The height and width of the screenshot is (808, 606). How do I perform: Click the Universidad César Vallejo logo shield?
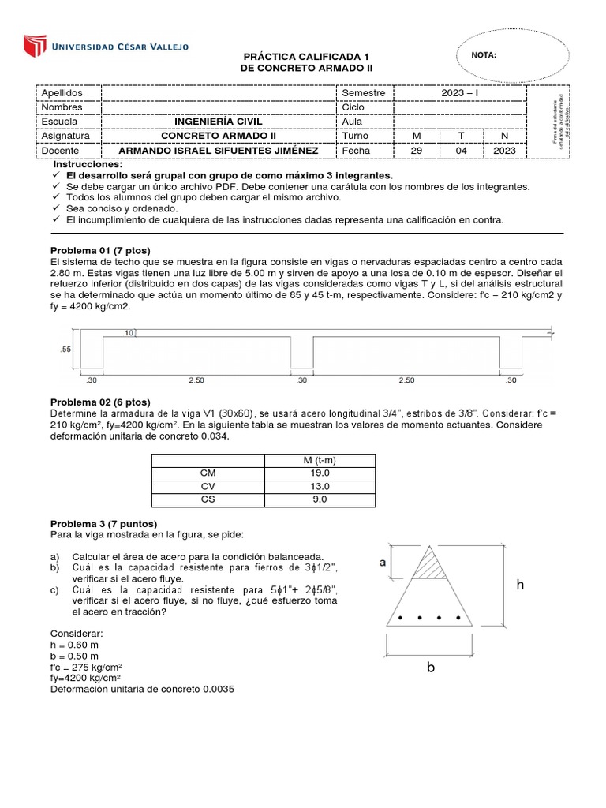[x=36, y=45]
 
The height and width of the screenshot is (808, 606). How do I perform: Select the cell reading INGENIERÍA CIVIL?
[x=219, y=122]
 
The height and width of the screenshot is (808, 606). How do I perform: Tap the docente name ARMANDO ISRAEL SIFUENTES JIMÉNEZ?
[x=219, y=150]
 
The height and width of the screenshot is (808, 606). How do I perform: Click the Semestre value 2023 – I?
[x=460, y=93]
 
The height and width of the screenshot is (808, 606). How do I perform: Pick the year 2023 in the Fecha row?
[x=505, y=150]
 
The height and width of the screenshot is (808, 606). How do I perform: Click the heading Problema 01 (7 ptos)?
[x=99, y=249]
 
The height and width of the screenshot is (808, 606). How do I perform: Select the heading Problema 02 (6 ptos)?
[x=100, y=402]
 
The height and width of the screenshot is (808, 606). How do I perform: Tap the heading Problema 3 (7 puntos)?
[x=103, y=524]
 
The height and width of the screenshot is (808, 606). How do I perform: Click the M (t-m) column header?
[x=320, y=461]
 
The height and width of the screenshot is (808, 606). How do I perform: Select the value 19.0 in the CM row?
[x=320, y=473]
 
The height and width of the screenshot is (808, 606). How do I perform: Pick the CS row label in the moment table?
[x=208, y=499]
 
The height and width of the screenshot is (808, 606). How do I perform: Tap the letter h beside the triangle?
[x=520, y=585]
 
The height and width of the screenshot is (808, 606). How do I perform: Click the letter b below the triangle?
[x=431, y=667]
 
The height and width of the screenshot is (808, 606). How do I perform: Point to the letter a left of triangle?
[x=383, y=562]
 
